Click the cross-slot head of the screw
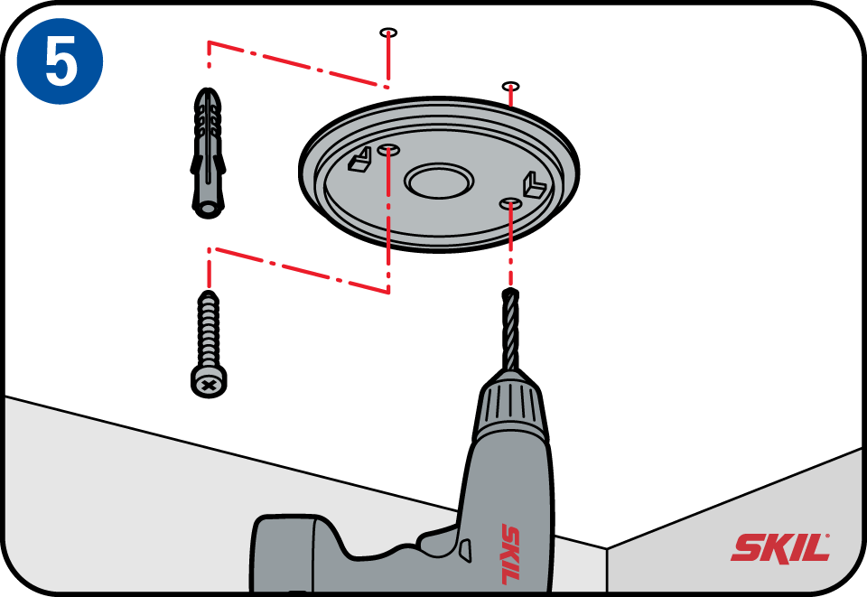tap(208, 384)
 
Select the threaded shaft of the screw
tap(208, 331)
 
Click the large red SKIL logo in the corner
tap(780, 547)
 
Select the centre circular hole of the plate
tap(439, 181)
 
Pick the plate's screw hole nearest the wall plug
tap(387, 146)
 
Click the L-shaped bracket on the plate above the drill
tap(532, 184)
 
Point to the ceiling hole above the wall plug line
tap(387, 33)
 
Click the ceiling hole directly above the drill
tap(510, 87)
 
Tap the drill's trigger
tap(464, 548)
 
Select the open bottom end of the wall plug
tap(207, 209)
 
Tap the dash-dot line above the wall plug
tap(298, 65)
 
